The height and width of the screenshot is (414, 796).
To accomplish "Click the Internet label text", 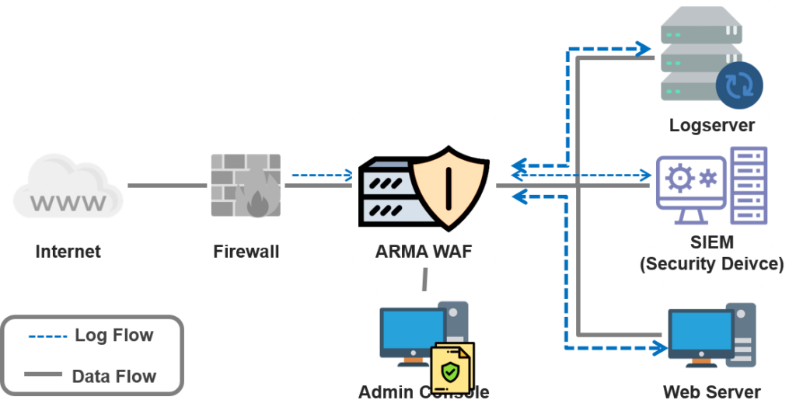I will pyautogui.click(x=68, y=252).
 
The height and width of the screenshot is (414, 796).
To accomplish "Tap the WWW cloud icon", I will pyautogui.click(x=68, y=186).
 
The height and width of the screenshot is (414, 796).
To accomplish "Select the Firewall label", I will pyautogui.click(x=246, y=252).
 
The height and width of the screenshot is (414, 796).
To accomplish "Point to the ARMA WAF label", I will pyautogui.click(x=423, y=251).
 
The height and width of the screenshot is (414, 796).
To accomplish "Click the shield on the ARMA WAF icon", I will pyautogui.click(x=449, y=185).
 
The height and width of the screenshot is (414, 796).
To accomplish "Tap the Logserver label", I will pyautogui.click(x=711, y=125).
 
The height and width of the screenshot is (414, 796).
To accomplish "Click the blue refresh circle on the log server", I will pyautogui.click(x=738, y=85).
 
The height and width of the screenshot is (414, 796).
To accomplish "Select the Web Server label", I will pyautogui.click(x=711, y=391).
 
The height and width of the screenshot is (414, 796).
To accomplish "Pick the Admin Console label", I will pyautogui.click(x=424, y=391).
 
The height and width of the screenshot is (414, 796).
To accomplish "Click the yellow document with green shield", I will pyautogui.click(x=452, y=370).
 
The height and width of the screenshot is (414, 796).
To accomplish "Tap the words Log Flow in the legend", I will pyautogui.click(x=114, y=336).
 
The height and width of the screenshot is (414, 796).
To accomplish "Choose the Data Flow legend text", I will pyautogui.click(x=114, y=377).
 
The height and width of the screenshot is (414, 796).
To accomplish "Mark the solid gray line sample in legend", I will pyautogui.click(x=44, y=375).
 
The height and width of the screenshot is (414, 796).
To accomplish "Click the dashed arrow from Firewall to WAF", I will pyautogui.click(x=320, y=176).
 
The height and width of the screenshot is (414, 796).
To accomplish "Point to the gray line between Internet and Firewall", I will pyautogui.click(x=167, y=186).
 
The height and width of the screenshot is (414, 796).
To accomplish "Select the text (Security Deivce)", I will pyautogui.click(x=711, y=264).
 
